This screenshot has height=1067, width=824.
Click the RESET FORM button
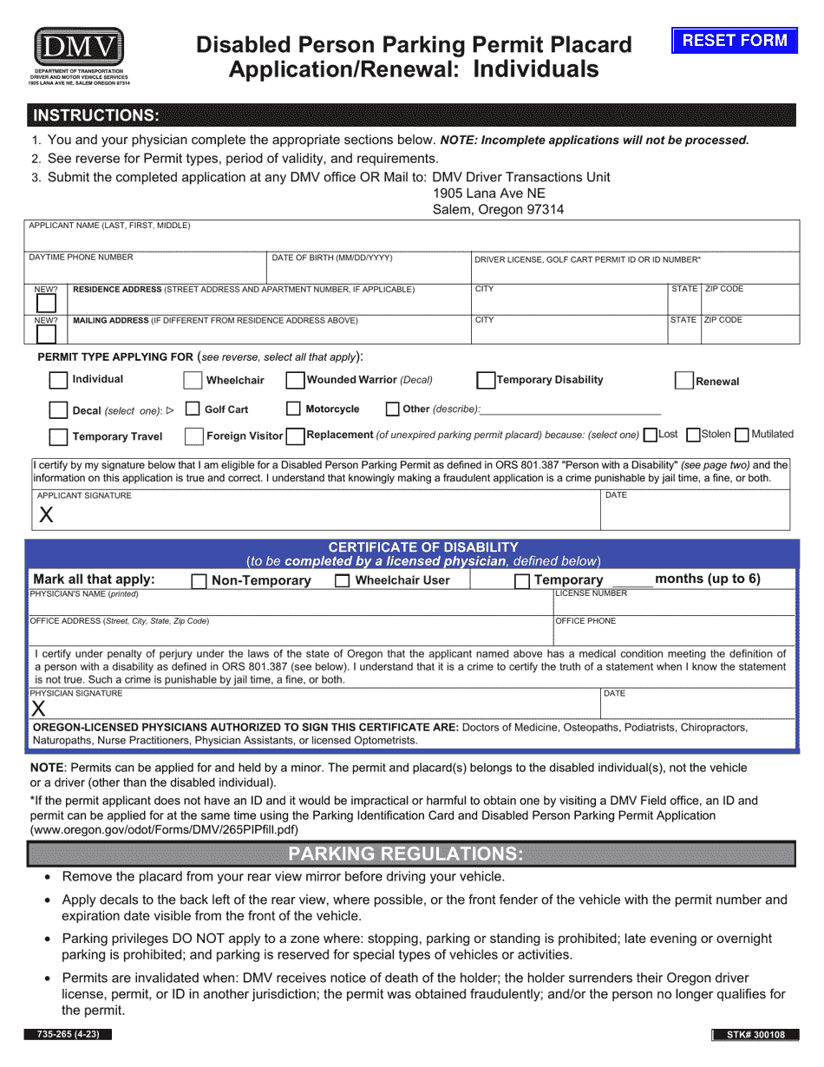734,40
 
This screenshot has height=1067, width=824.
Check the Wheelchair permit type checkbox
193,380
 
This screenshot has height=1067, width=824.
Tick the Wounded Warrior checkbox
295,380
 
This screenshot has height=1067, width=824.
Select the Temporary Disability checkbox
486,380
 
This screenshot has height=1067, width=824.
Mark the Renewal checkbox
684,381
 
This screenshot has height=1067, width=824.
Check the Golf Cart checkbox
193,409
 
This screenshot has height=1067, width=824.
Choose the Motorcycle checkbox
293,409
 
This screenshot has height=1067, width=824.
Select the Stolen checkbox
693,434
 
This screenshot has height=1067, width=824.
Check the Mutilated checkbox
742,434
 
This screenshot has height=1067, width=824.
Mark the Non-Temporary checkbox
199,580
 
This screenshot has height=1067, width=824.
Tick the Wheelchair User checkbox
342,580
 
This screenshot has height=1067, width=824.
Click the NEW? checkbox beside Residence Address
46,303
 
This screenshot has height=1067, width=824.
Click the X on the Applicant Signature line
46,514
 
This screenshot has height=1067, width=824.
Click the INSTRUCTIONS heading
95,115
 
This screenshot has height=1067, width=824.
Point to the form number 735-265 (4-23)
69,1034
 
